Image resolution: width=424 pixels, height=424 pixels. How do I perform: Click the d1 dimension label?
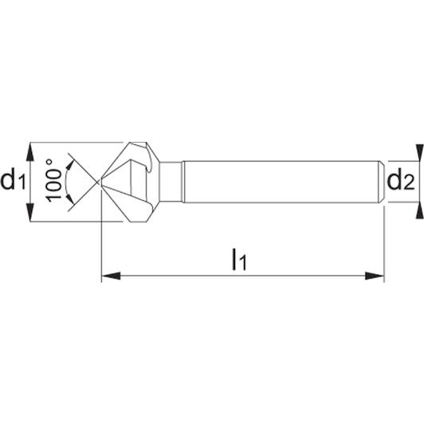point(13,181)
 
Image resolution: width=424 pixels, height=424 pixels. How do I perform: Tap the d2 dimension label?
point(401,181)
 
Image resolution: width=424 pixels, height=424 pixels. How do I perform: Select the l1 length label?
point(239,260)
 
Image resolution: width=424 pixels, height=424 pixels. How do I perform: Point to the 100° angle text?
point(53,180)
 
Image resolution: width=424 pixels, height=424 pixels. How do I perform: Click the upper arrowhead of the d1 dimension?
point(30,153)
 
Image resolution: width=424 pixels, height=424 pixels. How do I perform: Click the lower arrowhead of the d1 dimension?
point(30,211)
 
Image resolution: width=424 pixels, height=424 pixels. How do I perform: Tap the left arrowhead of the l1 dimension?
point(111,276)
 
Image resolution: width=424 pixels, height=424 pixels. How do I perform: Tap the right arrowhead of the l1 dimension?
point(375,276)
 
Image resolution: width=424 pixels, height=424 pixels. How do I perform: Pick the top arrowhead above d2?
point(419,153)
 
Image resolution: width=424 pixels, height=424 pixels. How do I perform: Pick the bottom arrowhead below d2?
point(419,210)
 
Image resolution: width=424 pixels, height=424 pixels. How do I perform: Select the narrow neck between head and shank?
point(171,182)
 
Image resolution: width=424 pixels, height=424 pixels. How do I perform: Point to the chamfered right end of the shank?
point(381,182)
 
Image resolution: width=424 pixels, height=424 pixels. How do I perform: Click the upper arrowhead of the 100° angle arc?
point(70,166)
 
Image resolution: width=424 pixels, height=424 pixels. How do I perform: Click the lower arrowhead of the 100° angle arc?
point(70,198)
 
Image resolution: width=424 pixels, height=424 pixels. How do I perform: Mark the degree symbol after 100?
point(49,163)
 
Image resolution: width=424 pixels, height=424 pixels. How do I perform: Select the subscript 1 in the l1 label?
point(243,263)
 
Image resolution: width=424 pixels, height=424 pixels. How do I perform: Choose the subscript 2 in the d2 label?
point(409,183)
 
